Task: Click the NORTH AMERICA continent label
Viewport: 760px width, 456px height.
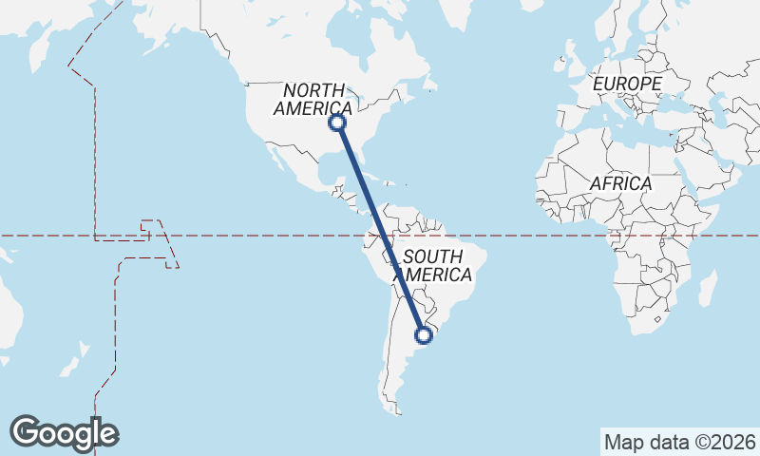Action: [313, 99]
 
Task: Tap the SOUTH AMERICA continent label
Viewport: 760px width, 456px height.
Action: [433, 266]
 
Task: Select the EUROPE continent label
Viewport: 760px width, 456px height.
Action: [626, 85]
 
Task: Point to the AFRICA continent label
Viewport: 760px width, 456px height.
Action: [620, 183]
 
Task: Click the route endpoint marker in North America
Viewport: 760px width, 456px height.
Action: [337, 123]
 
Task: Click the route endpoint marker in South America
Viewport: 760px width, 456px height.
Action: [425, 334]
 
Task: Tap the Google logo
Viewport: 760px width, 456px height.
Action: [64, 433]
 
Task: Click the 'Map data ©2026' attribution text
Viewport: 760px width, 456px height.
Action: [679, 442]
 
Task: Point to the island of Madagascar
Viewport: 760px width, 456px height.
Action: [708, 289]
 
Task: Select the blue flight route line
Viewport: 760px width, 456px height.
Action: [380, 228]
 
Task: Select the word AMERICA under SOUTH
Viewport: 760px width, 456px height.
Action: [433, 275]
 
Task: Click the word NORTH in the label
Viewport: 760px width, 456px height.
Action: [313, 89]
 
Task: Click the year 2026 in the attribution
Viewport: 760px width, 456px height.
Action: [735, 442]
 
